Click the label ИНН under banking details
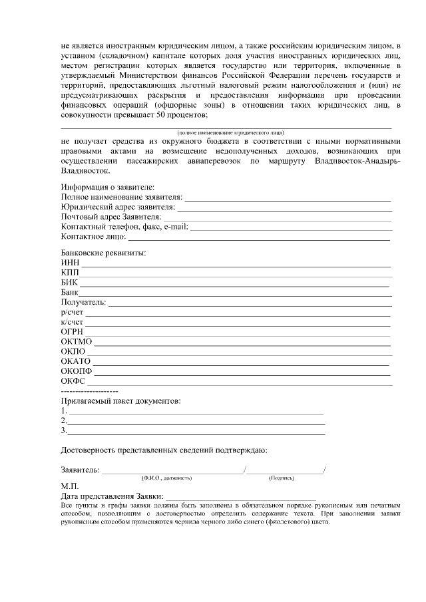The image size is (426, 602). [69, 264]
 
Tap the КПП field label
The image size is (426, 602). [69, 274]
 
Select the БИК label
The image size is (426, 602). [69, 283]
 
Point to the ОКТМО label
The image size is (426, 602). [76, 341]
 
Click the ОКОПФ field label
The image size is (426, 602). [76, 371]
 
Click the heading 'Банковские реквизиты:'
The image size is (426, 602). [103, 253]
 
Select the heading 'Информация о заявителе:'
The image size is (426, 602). [107, 188]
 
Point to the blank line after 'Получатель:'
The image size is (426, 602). [250, 303]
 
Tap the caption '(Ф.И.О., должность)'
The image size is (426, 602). [166, 478]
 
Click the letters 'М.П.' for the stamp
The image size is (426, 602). [69, 486]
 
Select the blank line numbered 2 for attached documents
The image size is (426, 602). [196, 422]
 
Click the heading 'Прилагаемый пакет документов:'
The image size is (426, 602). [120, 401]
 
